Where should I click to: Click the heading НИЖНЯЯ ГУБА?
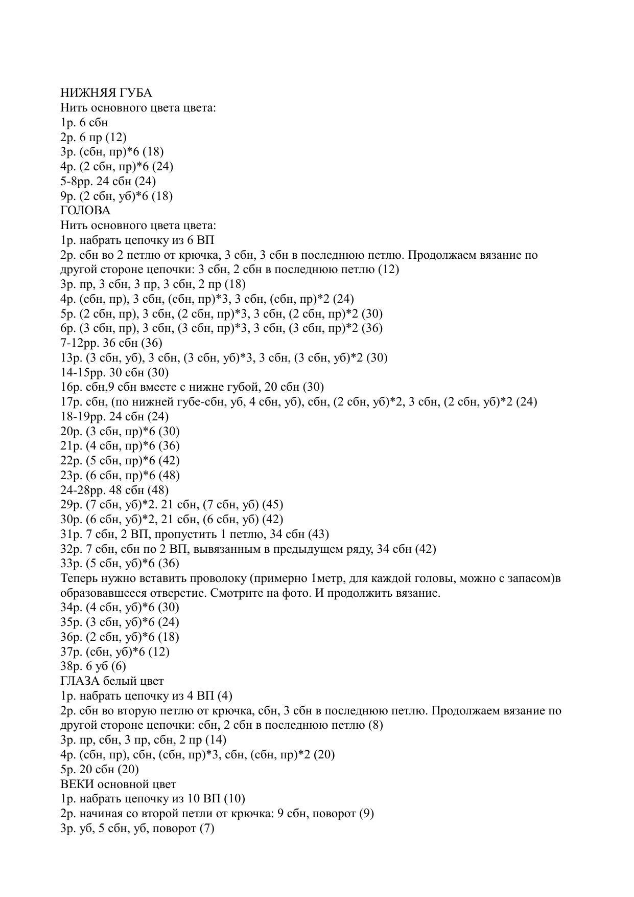[x=106, y=93]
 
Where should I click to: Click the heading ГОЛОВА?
[x=85, y=210]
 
